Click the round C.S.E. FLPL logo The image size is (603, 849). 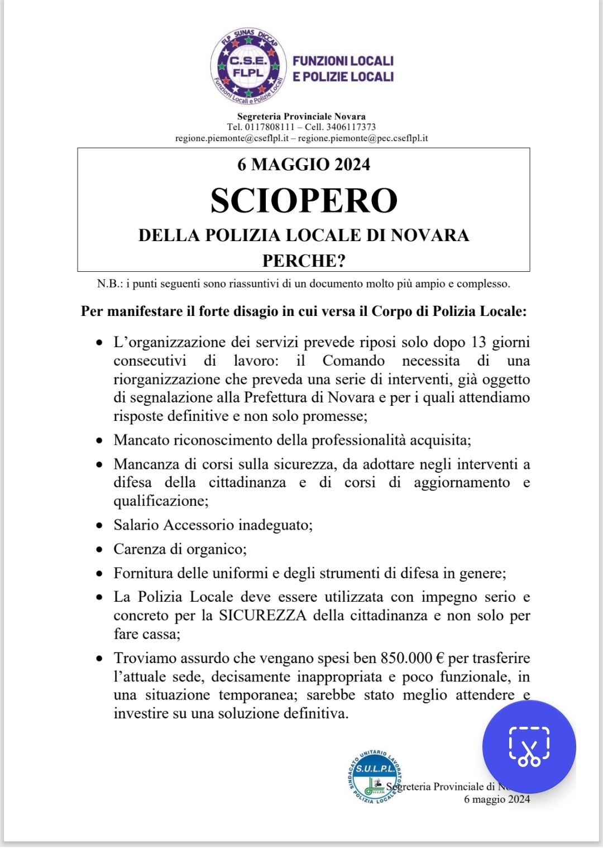pyautogui.click(x=248, y=67)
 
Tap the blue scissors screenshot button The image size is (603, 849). pyautogui.click(x=529, y=747)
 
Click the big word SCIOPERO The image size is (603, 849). pyautogui.click(x=304, y=200)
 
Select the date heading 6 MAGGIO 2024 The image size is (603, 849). pyautogui.click(x=304, y=164)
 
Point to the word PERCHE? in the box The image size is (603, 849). pyautogui.click(x=304, y=261)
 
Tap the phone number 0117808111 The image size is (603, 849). pyautogui.click(x=270, y=127)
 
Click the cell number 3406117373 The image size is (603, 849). pyautogui.click(x=351, y=127)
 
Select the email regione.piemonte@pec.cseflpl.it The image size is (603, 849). pyautogui.click(x=363, y=138)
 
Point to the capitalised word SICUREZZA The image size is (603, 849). pyautogui.click(x=263, y=616)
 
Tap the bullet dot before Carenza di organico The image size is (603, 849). pyautogui.click(x=100, y=550)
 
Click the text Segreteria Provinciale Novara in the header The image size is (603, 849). pyautogui.click(x=301, y=116)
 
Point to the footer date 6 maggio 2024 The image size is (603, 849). pyautogui.click(x=497, y=799)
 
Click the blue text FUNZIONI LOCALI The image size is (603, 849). pyautogui.click(x=343, y=61)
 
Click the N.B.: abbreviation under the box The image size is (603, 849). pyautogui.click(x=110, y=284)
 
